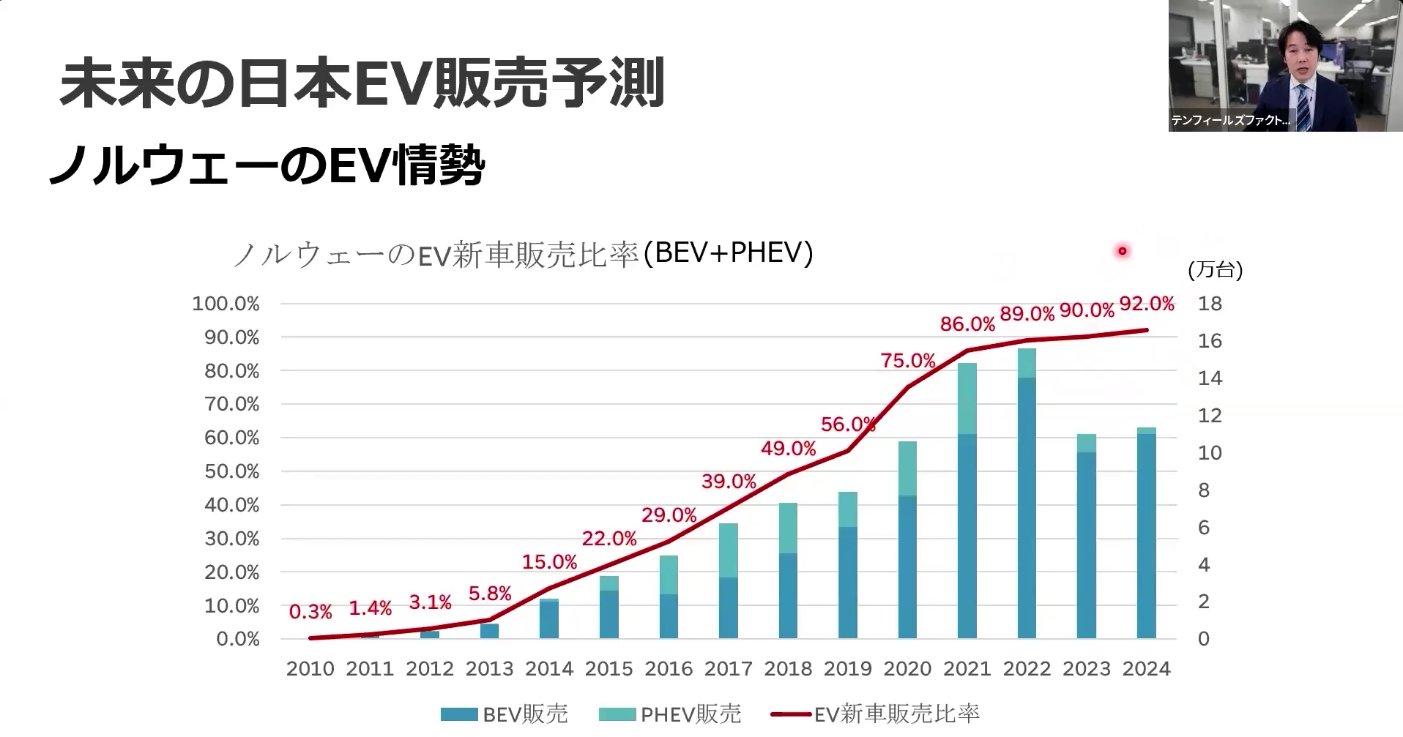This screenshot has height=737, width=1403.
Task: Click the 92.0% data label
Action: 1147,304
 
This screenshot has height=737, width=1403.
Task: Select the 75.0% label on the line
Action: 908,361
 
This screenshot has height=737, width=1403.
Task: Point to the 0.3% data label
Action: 310,611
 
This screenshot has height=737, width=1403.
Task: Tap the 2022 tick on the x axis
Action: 1027,668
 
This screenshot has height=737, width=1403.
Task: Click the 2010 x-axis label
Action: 310,668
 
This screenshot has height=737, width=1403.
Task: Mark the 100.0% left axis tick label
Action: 226,304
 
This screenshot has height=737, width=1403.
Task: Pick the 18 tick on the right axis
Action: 1210,304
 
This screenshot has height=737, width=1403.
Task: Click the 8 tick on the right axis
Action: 1204,490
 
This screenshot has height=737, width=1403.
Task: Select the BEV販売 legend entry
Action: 505,714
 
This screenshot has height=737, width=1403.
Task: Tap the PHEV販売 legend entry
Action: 670,714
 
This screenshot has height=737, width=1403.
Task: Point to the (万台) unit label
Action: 1215,270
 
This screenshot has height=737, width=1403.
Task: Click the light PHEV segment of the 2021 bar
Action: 967,399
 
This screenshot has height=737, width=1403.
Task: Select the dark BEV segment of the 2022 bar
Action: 1027,512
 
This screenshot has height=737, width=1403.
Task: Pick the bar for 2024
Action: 1147,534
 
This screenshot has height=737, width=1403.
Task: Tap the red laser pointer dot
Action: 1122,252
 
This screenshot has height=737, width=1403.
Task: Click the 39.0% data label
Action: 729,482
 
